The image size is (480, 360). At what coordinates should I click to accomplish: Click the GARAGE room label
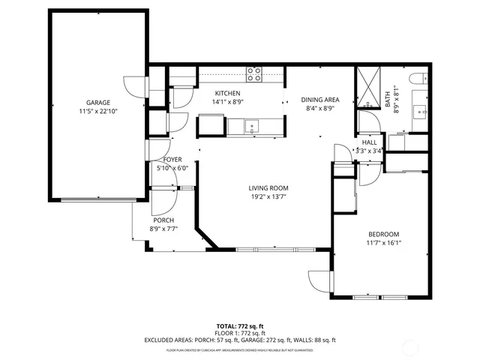[x=97, y=103]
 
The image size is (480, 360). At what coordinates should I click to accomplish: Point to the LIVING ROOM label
[x=268, y=188]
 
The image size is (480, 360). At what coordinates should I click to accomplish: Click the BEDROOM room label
[x=383, y=234]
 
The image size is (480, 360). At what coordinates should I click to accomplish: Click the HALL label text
[x=369, y=142]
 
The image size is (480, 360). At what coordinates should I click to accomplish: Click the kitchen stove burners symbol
[x=255, y=73]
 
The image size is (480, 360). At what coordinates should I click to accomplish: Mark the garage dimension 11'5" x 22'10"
[x=97, y=111]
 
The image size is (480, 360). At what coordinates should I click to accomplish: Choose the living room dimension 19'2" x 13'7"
[x=268, y=197]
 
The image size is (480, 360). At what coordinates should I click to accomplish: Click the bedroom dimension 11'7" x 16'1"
[x=383, y=243]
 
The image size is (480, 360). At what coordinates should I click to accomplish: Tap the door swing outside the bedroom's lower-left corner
[x=321, y=281]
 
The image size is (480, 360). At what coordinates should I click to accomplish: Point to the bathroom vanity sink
[x=420, y=113]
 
